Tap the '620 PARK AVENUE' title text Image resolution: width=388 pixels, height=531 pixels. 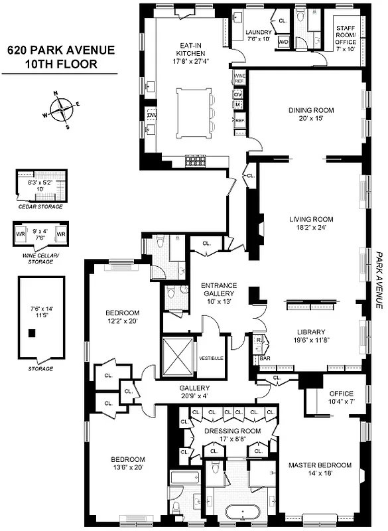[60, 50]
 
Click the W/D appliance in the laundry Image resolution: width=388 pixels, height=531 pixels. [283, 42]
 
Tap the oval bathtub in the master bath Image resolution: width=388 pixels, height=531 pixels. [241, 512]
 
